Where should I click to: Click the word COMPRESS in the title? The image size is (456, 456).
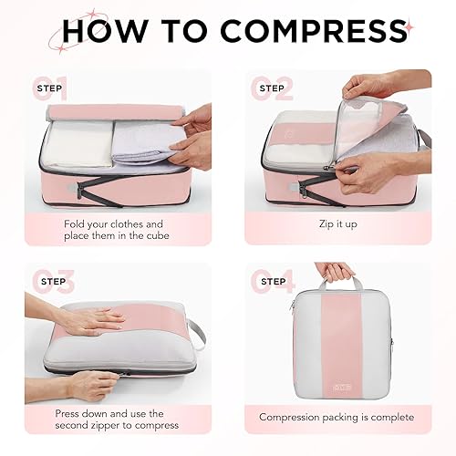coord(302,32)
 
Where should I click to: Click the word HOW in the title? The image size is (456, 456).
coord(118,32)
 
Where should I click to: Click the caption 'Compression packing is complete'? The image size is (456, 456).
coord(336,417)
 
